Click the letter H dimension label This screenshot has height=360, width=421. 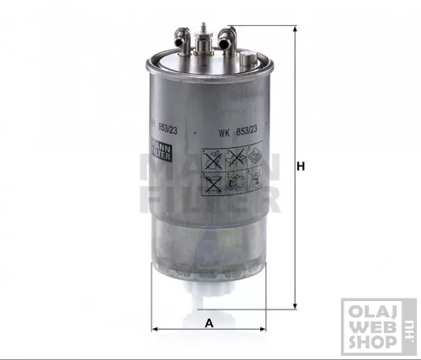tap(300, 165)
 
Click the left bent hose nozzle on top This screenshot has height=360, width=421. tap(178, 35)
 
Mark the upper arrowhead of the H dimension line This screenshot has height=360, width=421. tap(295, 30)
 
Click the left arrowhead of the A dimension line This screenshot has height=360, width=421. tap(153, 328)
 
